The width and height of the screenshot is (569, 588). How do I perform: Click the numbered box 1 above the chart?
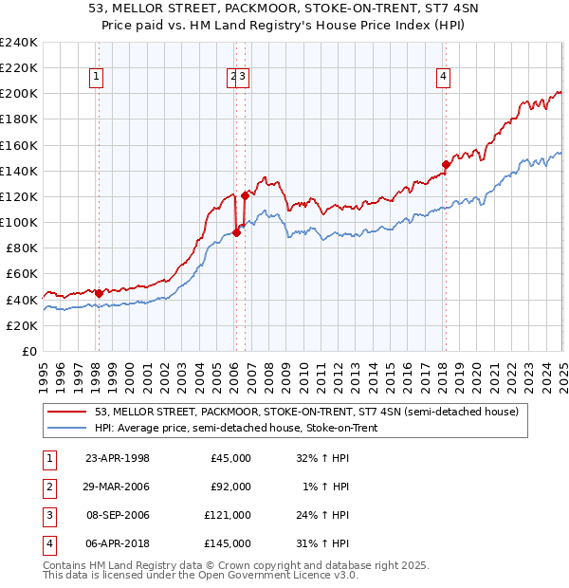pyautogui.click(x=98, y=78)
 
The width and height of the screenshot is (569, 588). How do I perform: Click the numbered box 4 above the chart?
pyautogui.click(x=443, y=78)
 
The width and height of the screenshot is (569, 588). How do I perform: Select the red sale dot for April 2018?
pyautogui.click(x=446, y=164)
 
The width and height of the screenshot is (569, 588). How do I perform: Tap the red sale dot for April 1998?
pyautogui.click(x=99, y=293)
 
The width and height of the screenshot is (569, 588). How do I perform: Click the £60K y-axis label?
pyautogui.click(x=22, y=274)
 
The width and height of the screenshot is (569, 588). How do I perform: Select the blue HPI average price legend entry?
pyautogui.click(x=236, y=428)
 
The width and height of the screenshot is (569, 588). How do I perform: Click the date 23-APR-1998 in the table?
pyautogui.click(x=118, y=458)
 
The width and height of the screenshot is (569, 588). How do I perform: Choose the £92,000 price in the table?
pyautogui.click(x=230, y=487)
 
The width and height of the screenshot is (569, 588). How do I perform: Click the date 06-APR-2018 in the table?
pyautogui.click(x=118, y=543)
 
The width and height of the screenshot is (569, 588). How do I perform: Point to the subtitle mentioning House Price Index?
pyautogui.click(x=284, y=27)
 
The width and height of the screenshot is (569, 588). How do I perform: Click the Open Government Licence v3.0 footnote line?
pyautogui.click(x=201, y=575)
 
